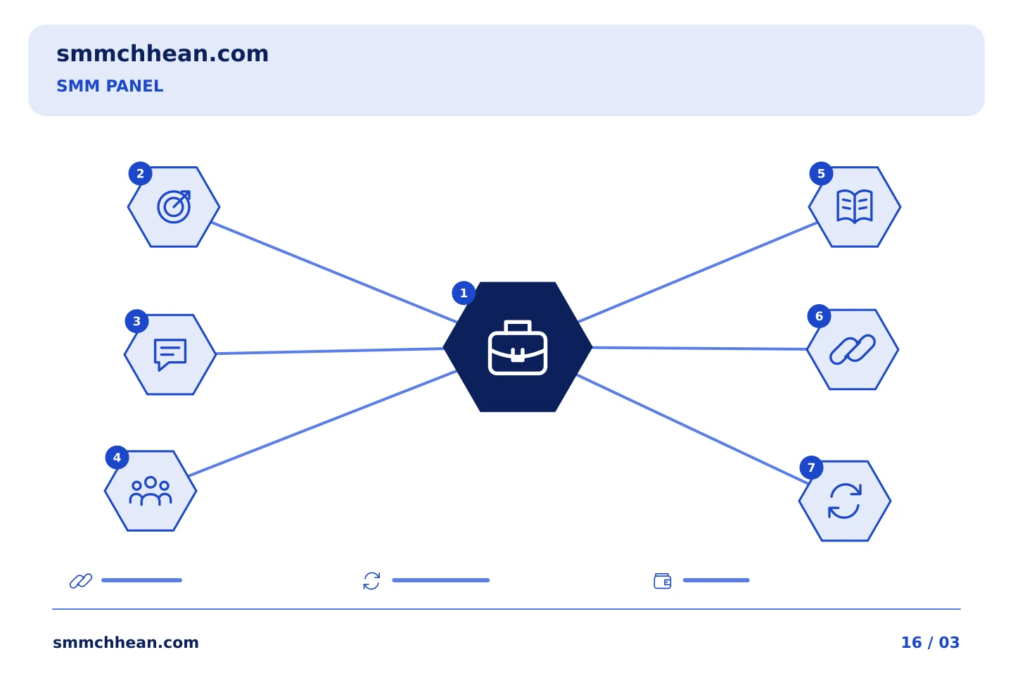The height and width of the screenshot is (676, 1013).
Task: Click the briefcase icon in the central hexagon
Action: click(x=517, y=347)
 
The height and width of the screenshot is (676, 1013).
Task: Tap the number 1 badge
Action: click(x=464, y=293)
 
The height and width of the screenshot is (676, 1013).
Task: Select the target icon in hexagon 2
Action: click(x=174, y=206)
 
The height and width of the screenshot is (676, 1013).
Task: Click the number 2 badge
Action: click(x=140, y=173)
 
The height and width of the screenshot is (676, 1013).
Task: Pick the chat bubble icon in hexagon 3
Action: click(x=170, y=354)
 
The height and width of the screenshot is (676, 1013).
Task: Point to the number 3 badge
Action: click(x=136, y=321)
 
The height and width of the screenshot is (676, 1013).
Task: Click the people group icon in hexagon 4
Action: click(x=151, y=491)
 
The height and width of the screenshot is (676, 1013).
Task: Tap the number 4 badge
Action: click(x=117, y=457)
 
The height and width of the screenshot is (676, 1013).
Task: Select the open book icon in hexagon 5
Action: click(x=855, y=206)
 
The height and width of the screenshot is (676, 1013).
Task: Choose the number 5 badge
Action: click(x=821, y=173)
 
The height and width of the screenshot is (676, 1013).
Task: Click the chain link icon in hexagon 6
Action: click(x=853, y=349)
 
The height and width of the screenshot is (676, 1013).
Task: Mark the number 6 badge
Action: click(x=819, y=316)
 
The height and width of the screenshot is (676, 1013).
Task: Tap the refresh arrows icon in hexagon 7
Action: click(x=845, y=501)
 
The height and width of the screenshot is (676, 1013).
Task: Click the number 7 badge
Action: click(x=811, y=468)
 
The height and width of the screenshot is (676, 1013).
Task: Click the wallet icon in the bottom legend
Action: click(x=663, y=581)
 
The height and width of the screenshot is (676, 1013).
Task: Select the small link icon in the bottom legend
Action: click(x=81, y=581)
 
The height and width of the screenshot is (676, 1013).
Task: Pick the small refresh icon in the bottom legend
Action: click(x=371, y=581)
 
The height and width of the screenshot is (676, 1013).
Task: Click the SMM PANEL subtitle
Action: click(x=110, y=86)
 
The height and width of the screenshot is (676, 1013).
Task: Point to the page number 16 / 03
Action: click(x=930, y=642)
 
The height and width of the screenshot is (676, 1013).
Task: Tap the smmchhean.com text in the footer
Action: click(x=126, y=642)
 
